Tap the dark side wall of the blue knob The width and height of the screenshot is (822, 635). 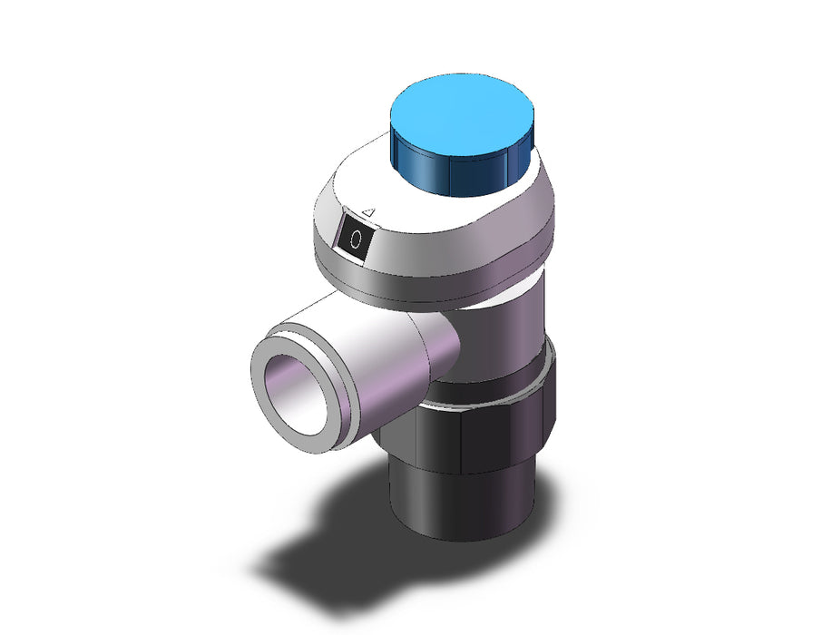[451, 173]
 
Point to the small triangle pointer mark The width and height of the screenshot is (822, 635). [369, 212]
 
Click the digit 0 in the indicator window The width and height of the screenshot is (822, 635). [356, 239]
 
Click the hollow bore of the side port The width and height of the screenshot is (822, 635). [296, 395]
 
